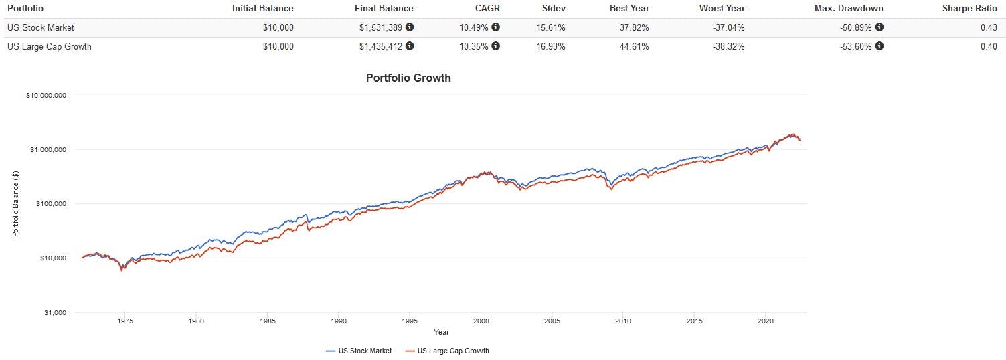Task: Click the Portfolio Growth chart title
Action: coord(408,78)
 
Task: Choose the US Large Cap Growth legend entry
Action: coord(452,351)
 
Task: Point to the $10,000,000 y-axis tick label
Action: coord(46,95)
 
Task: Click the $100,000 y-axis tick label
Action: coord(50,203)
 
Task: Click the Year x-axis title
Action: coord(441,332)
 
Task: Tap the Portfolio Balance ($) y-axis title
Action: coord(15,203)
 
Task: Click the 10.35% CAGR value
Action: coord(475,46)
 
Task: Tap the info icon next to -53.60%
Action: coord(879,46)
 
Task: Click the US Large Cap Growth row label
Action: coord(49,46)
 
